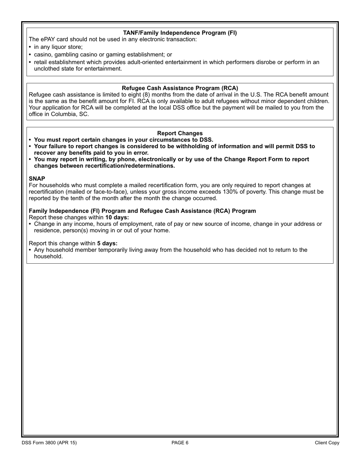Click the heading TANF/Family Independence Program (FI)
tap(180, 33)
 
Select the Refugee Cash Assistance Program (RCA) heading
tap(180, 88)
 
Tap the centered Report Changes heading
tap(180, 133)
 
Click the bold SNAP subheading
tap(37, 178)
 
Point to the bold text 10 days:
tap(117, 217)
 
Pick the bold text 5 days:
tap(107, 243)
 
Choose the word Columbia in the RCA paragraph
tap(63, 114)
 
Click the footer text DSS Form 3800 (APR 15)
tap(49, 443)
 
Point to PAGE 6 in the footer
tap(180, 443)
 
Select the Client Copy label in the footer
tap(327, 443)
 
